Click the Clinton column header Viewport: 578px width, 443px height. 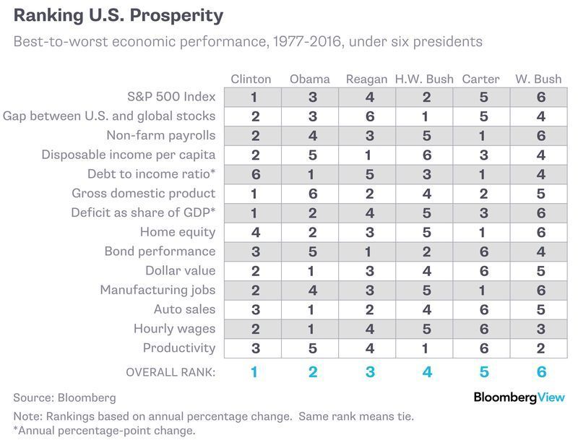tap(251, 79)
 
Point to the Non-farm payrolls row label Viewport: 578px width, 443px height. tap(161, 135)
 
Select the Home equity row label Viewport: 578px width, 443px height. tap(178, 232)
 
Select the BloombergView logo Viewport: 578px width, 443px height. tap(519, 397)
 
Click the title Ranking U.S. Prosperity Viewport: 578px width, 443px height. tap(118, 16)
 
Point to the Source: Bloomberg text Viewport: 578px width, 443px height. tap(64, 397)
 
